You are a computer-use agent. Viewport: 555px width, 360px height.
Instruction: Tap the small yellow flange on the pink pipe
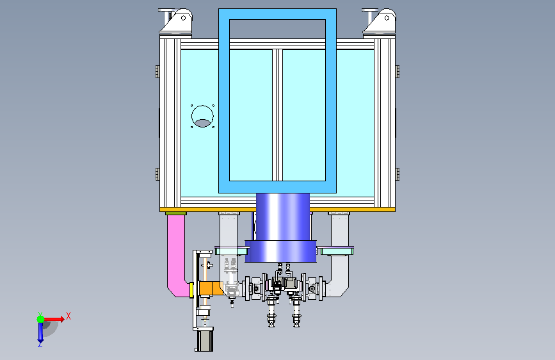[x=191, y=290]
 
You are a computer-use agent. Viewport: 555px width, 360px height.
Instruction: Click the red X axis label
[x=68, y=316]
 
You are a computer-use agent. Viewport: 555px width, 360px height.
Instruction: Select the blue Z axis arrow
[x=40, y=332]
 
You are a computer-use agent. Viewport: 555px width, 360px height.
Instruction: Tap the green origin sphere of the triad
[x=41, y=319]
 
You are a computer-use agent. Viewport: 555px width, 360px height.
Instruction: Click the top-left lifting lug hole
[x=183, y=18]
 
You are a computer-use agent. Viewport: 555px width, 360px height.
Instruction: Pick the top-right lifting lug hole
[x=387, y=18]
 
